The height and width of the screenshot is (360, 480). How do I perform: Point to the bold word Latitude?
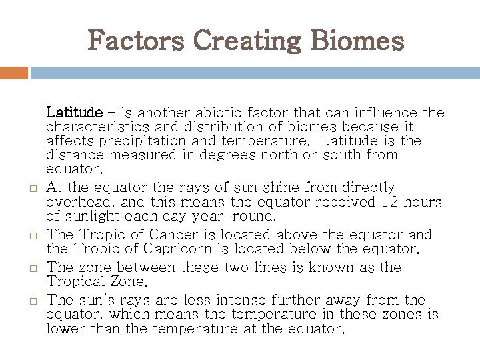click(x=75, y=111)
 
